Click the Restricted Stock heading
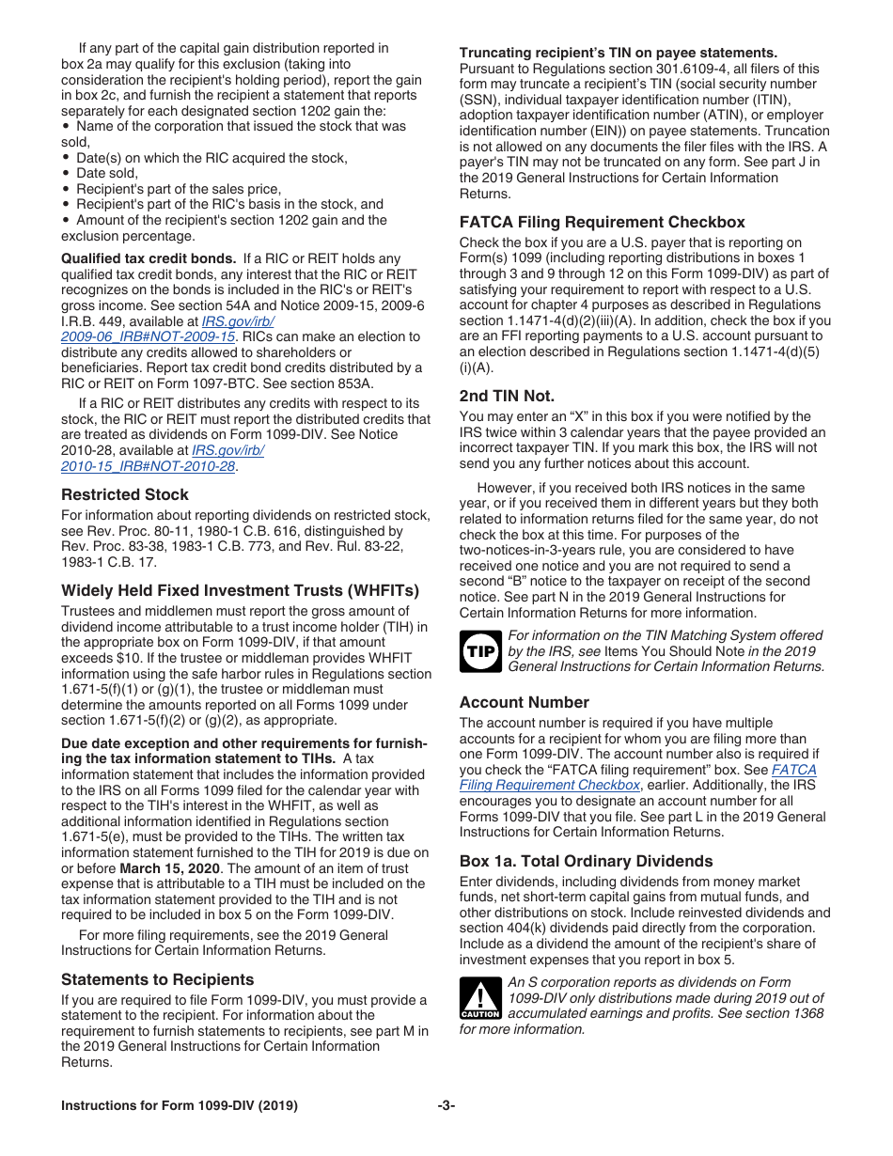[x=125, y=494]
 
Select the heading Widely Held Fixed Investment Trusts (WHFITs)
[x=240, y=591]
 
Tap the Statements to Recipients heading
[x=157, y=979]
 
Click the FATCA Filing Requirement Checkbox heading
[x=602, y=223]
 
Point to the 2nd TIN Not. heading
[x=507, y=396]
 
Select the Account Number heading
[x=524, y=702]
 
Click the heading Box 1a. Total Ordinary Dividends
[x=586, y=861]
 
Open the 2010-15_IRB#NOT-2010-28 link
[x=148, y=466]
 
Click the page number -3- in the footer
[x=446, y=1106]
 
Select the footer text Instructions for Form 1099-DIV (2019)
[x=180, y=1106]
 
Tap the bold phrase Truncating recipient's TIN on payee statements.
[x=618, y=53]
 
